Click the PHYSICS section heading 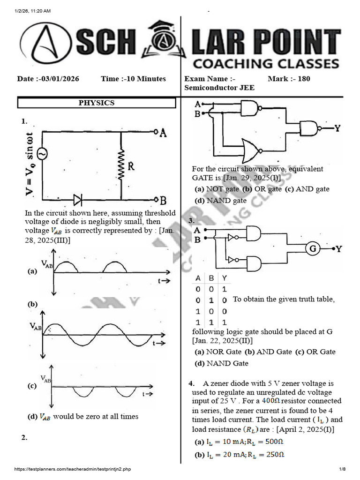click(97, 103)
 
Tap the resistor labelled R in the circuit click(121, 165)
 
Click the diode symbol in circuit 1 click(78, 200)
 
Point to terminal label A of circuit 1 click(163, 133)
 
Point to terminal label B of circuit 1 click(163, 201)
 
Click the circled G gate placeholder click(313, 248)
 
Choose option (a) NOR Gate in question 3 click(218, 352)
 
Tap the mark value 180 click(304, 79)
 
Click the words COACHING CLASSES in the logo click(266, 63)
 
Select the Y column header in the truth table click(225, 278)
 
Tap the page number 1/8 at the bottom click(342, 469)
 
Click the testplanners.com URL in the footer click(73, 469)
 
